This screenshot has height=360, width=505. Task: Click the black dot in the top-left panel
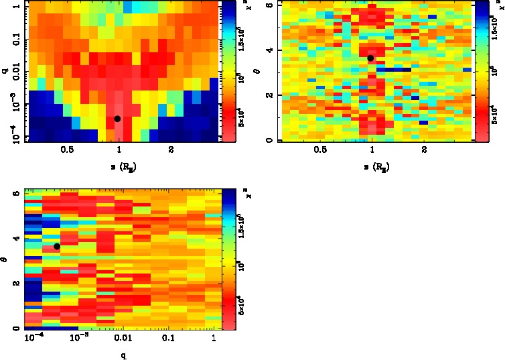[117, 119]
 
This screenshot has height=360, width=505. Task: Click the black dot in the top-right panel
[370, 58]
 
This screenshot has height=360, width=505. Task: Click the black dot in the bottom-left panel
[57, 247]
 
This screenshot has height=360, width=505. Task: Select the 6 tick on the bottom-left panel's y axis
[15, 193]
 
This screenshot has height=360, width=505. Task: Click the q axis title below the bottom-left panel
[123, 355]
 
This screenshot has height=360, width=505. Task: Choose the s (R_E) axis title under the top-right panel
[372, 166]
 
